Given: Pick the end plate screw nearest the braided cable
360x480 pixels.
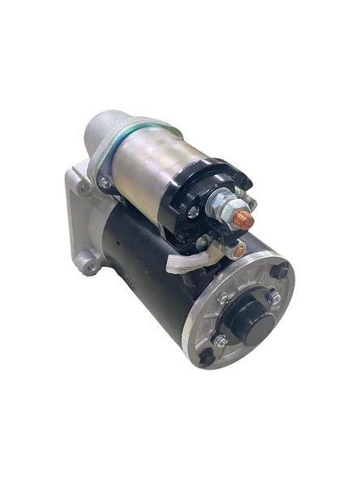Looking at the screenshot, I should (224, 298).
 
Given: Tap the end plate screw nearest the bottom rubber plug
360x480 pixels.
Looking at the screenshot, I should (221, 341).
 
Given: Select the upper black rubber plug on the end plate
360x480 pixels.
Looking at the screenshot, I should (280, 271).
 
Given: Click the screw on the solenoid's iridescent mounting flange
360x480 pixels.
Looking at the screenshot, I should (105, 182).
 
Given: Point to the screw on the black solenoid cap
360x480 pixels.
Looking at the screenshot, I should (192, 212).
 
